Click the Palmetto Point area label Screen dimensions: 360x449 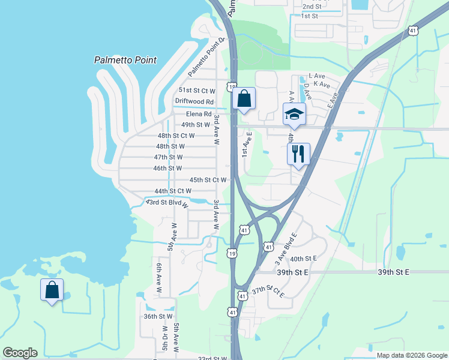[x=125, y=60]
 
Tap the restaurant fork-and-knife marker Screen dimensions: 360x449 [x=298, y=154]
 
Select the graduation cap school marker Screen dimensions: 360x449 [x=294, y=114]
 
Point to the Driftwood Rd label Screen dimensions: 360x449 [x=194, y=102]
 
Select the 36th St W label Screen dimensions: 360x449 [x=158, y=316]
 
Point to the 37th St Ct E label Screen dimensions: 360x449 [x=268, y=292]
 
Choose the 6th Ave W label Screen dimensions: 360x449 [x=160, y=278]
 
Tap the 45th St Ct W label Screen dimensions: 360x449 [x=208, y=180]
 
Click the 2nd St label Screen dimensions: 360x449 [x=312, y=7]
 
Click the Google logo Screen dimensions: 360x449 [x=20, y=353]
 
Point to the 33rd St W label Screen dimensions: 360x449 [x=212, y=358]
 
